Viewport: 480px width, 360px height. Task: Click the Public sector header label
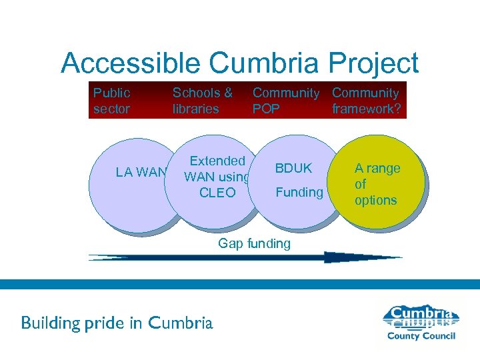coord(111,101)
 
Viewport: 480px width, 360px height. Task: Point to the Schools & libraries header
coord(202,101)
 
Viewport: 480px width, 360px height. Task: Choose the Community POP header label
coord(285,101)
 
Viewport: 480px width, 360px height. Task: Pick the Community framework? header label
coord(366,101)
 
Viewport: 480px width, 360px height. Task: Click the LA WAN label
coord(141,173)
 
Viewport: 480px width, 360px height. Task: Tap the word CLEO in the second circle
coord(217,193)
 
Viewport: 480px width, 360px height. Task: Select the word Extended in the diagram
coord(217,161)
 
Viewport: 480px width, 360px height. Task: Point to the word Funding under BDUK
coord(299,193)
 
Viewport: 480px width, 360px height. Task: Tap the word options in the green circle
coord(375,200)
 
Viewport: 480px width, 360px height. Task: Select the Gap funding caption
coord(254,243)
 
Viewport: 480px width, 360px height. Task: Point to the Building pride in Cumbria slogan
coord(117,323)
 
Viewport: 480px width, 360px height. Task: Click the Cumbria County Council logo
coord(422,323)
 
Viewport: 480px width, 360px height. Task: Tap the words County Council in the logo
coord(421,336)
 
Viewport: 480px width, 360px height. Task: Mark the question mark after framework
coord(397,109)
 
